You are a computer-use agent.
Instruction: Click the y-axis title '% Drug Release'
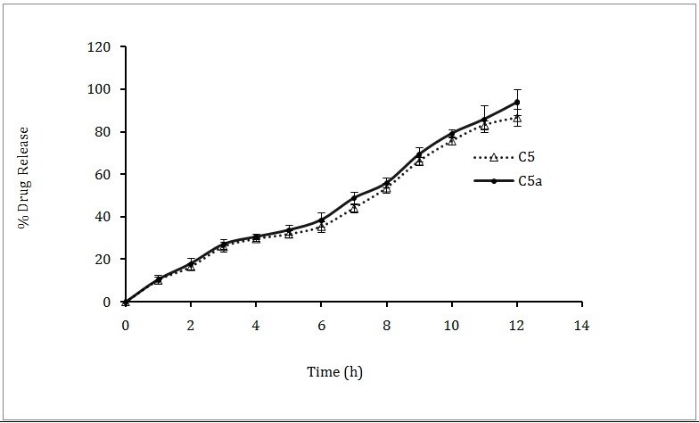(x=24, y=177)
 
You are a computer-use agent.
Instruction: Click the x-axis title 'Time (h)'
(x=334, y=372)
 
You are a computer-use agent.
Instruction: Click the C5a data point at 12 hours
(x=517, y=102)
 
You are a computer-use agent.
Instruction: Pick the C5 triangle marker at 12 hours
(x=517, y=117)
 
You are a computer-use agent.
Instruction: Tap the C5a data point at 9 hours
(x=419, y=154)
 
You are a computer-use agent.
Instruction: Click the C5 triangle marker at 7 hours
(x=354, y=207)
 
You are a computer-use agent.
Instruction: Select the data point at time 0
(x=126, y=302)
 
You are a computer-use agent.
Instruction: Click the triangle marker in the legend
(x=493, y=157)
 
